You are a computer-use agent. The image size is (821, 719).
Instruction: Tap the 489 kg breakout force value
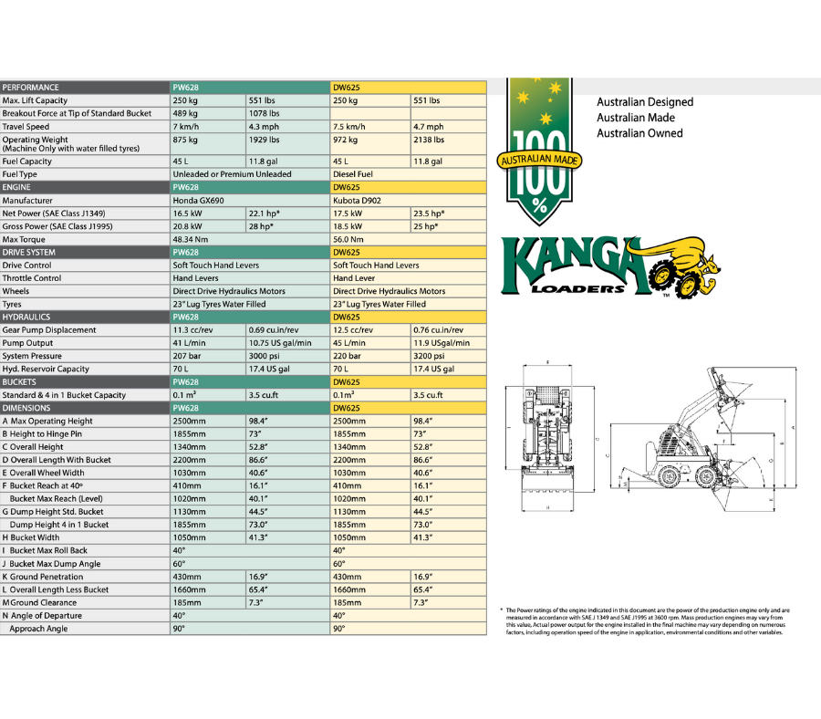click(186, 114)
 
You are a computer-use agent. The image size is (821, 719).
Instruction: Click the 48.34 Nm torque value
click(191, 239)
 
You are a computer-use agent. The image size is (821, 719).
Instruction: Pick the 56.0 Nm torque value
click(349, 239)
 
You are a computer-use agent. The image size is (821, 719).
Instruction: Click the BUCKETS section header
click(23, 382)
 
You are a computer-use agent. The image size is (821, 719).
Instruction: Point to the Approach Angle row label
click(38, 629)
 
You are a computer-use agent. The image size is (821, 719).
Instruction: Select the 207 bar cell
click(187, 356)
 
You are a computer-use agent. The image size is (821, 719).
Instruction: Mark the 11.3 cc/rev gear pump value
click(192, 330)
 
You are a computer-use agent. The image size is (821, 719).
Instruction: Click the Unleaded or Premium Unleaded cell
click(233, 174)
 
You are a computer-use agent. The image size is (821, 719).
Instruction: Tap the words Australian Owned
click(639, 133)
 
